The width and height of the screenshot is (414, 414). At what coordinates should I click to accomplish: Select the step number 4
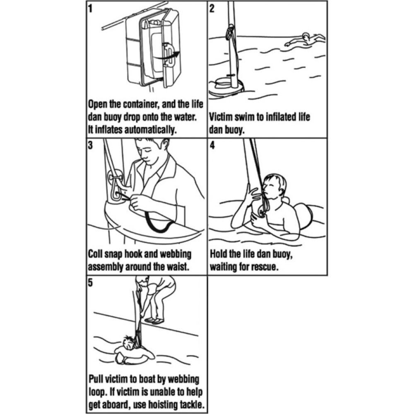coord(212,145)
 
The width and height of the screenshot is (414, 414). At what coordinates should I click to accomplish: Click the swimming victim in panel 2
coord(306,40)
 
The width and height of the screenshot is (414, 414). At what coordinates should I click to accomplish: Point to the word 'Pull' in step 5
coord(97,379)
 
